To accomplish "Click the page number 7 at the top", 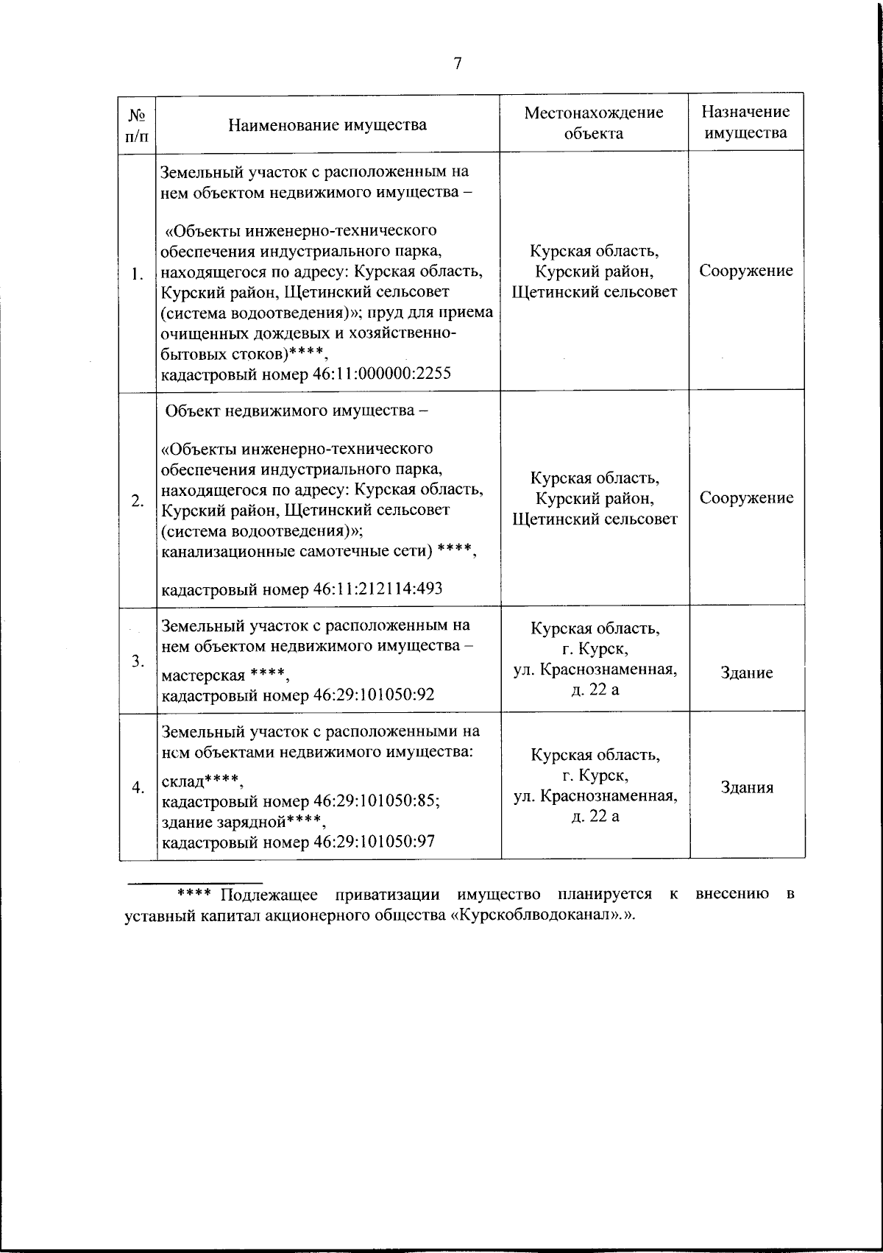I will [x=457, y=64].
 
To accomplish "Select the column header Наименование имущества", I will [x=327, y=124].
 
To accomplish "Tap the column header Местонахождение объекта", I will [x=594, y=122].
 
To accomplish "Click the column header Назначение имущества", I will [x=745, y=122].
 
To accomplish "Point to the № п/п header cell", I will [x=137, y=124].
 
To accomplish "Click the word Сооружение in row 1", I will [x=746, y=271].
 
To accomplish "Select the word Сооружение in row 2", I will [x=746, y=498].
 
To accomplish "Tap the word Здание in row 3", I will [x=746, y=672].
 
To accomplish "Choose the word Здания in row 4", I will [x=746, y=787].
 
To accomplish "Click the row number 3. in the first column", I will [x=137, y=661].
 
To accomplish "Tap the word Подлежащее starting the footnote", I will [x=268, y=895].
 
